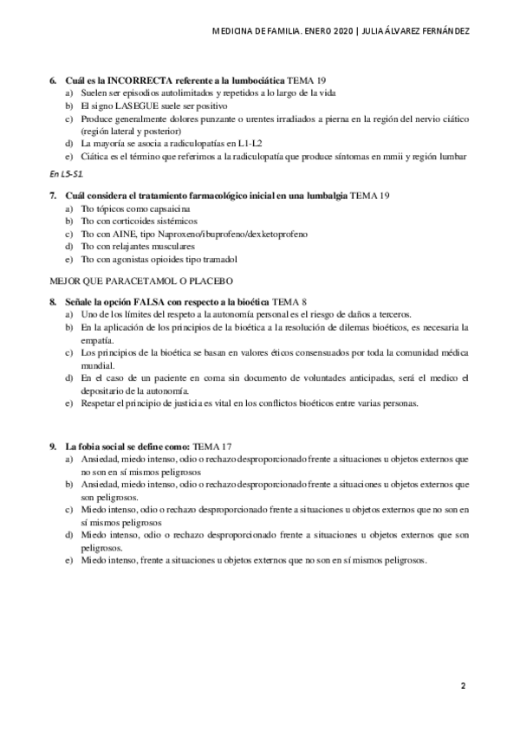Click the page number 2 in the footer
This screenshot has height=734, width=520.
463,686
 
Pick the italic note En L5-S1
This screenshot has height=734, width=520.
66,175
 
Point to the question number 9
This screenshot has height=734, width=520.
54,446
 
